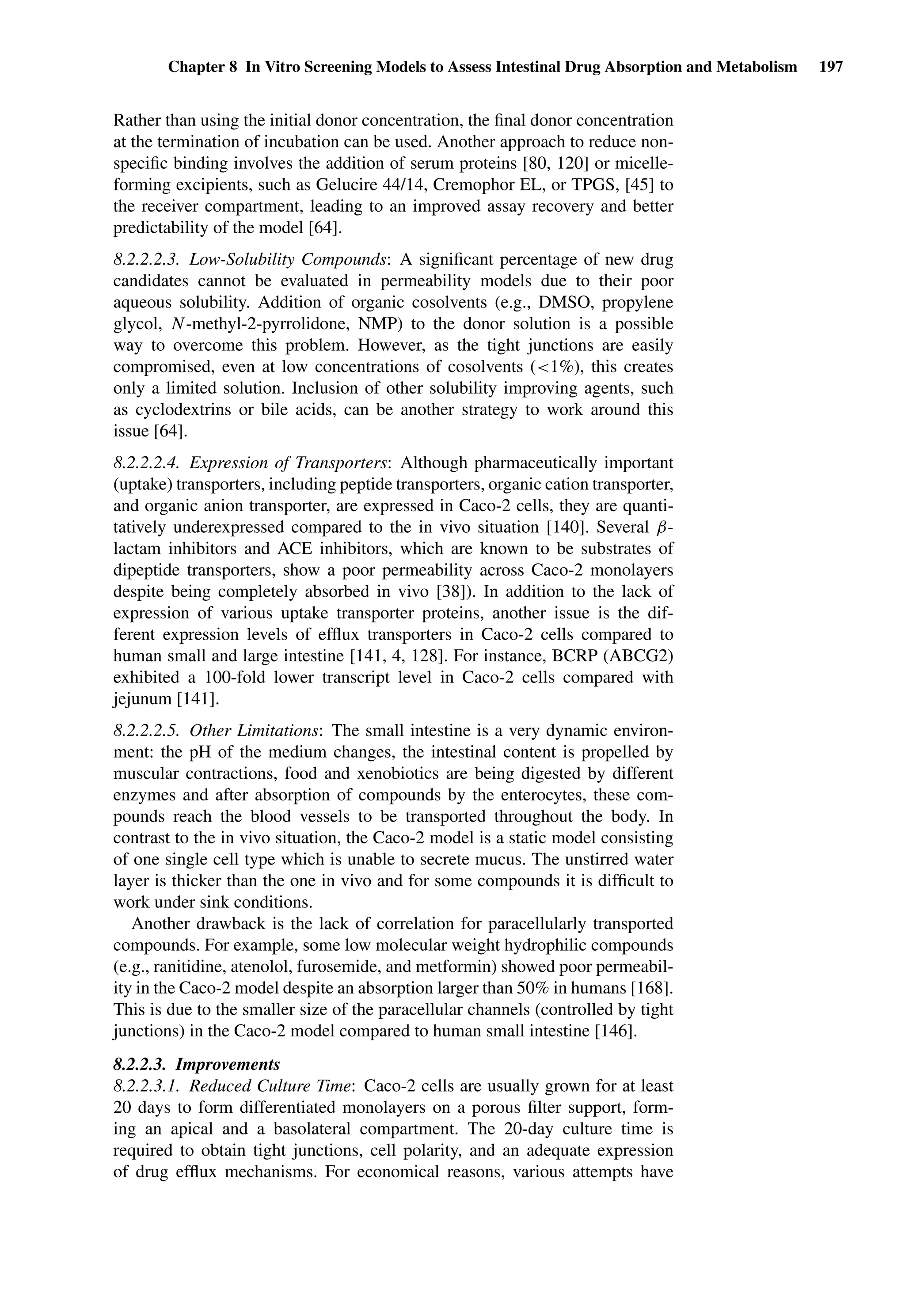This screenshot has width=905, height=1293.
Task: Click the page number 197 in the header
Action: click(x=831, y=67)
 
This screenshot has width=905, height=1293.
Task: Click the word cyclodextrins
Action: click(x=180, y=410)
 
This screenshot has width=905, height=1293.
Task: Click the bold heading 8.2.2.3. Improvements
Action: click(x=197, y=1064)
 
